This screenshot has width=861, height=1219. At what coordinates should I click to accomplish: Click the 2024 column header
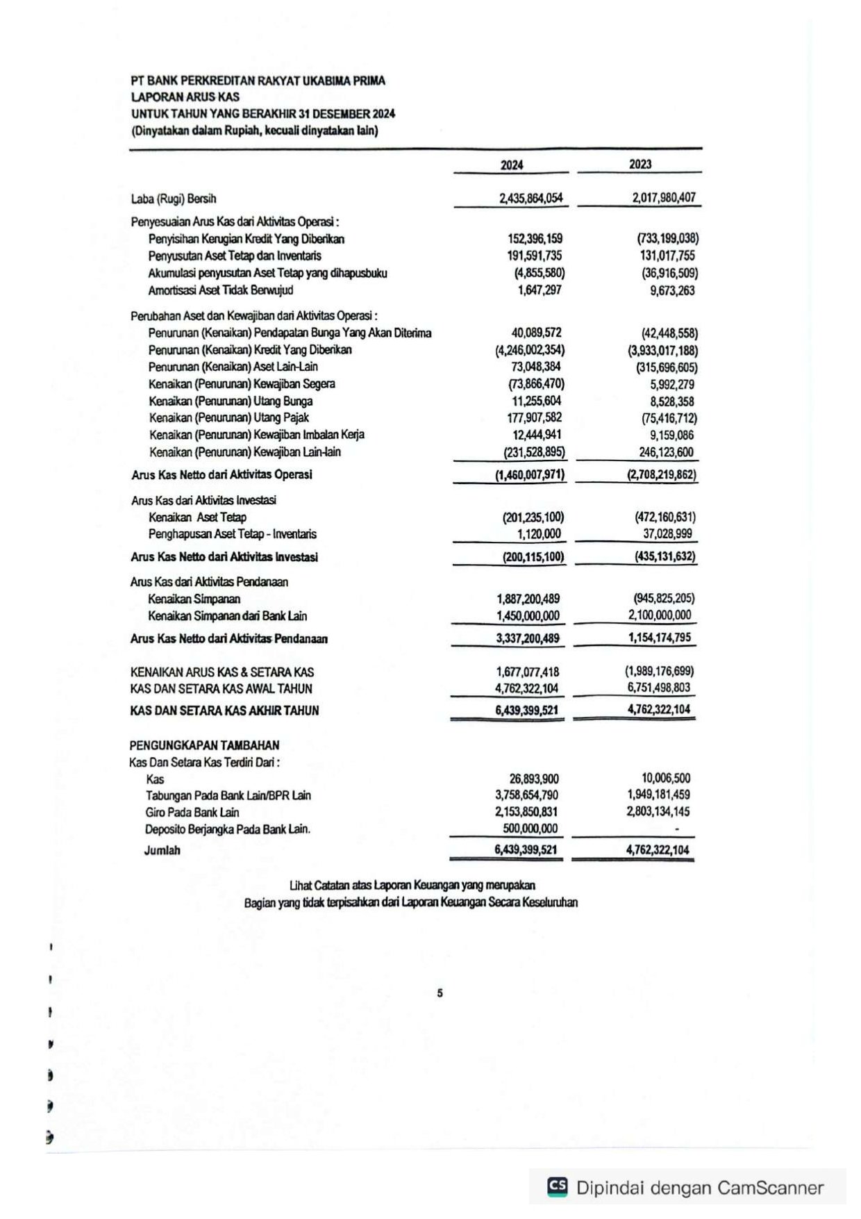tap(512, 165)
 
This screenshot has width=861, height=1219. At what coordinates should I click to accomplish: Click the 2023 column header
tap(640, 164)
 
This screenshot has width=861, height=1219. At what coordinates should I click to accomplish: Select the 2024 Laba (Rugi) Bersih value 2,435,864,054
tap(530, 198)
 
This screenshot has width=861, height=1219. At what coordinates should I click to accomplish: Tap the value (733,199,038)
tap(667, 238)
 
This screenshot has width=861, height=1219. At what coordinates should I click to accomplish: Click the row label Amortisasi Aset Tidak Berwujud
tap(220, 290)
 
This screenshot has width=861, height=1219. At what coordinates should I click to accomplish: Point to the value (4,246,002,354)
tap(529, 350)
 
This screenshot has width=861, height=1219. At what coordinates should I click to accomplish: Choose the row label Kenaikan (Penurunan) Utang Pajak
tap(228, 417)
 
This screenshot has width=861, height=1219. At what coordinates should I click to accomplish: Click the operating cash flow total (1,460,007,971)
tap(530, 475)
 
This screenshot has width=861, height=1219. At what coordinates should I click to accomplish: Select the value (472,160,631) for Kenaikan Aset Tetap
tap(664, 517)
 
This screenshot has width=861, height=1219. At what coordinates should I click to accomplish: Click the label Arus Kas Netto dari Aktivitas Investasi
tap(224, 557)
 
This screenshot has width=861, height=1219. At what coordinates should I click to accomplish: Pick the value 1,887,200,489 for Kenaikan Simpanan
tap(528, 599)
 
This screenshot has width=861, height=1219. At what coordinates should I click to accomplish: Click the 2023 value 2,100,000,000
tap(660, 615)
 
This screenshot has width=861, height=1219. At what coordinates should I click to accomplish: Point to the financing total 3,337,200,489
tap(528, 638)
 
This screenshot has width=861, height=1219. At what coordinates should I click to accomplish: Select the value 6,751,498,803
tap(659, 688)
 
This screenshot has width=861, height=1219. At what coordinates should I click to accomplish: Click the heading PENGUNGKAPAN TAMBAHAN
tap(204, 745)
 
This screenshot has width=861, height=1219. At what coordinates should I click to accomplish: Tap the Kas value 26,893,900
tap(534, 779)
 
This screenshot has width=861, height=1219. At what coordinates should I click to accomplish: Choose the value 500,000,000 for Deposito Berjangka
tap(530, 829)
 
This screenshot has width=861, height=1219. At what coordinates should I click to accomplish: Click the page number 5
tap(440, 993)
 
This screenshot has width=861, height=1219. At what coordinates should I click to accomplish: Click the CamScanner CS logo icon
tap(557, 1187)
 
